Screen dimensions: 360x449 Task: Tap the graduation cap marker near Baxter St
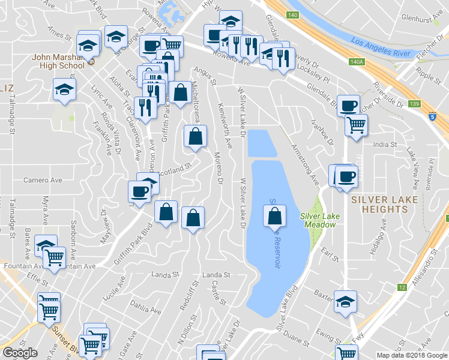point(345,302)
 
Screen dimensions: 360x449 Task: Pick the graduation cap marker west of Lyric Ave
point(64,90)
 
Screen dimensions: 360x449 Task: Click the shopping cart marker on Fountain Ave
point(54,258)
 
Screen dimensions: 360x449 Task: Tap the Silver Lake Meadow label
point(318,220)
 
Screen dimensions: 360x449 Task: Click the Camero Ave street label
point(43,179)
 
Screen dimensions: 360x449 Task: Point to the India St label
point(385,145)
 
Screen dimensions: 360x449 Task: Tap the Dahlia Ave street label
point(145,307)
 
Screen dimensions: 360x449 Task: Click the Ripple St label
point(428,77)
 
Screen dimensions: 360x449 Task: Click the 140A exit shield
point(356,62)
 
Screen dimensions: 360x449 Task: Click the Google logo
point(20,353)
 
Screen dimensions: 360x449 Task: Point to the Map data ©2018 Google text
point(411,355)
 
